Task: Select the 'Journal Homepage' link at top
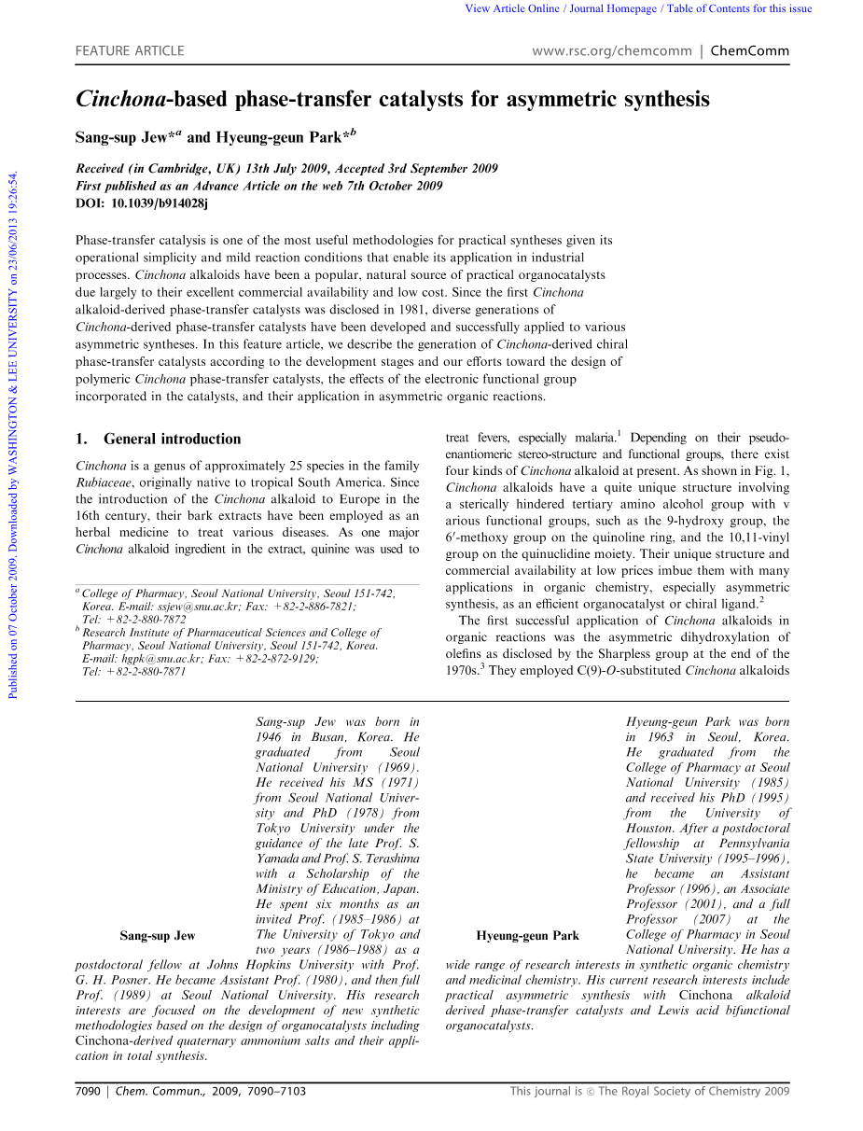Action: click(x=613, y=9)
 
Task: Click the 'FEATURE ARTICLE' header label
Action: click(x=130, y=51)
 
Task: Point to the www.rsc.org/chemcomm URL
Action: click(x=611, y=51)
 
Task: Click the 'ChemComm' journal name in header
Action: click(x=749, y=51)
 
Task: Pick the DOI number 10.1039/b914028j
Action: click(x=160, y=202)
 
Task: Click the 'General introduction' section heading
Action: click(x=172, y=439)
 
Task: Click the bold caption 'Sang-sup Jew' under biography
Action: click(x=158, y=936)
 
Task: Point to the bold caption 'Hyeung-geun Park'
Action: click(x=527, y=936)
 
